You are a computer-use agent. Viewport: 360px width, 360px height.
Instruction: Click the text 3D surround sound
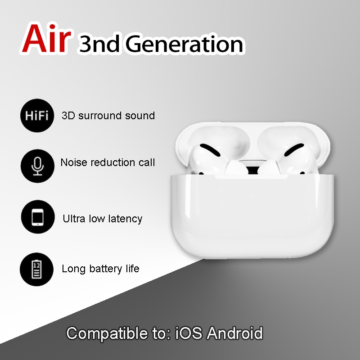click(108, 116)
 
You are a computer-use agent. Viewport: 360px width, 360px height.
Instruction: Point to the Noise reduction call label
click(108, 162)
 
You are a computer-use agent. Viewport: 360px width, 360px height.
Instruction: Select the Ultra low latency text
click(103, 219)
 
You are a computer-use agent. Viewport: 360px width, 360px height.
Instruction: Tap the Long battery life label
click(100, 269)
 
